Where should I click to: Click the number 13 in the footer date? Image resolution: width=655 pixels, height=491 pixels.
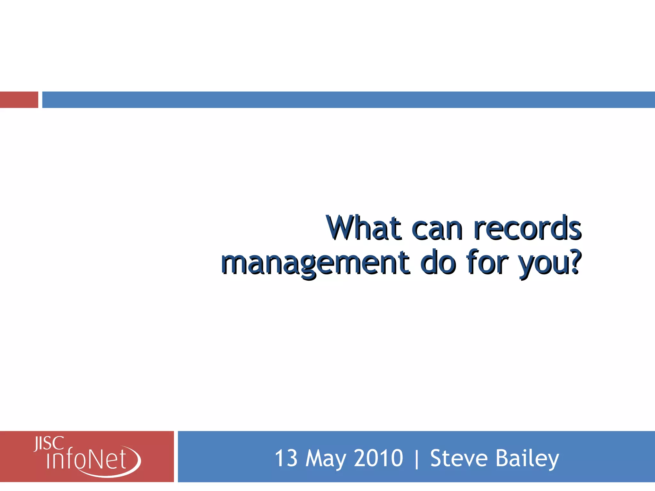coord(286,458)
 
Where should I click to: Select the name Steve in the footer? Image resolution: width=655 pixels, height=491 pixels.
coord(458,458)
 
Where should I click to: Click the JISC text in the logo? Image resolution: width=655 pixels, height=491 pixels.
coord(49,444)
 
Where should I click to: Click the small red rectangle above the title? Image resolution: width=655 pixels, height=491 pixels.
coord(19,100)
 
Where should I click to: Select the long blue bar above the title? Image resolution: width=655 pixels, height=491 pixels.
coord(349,100)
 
